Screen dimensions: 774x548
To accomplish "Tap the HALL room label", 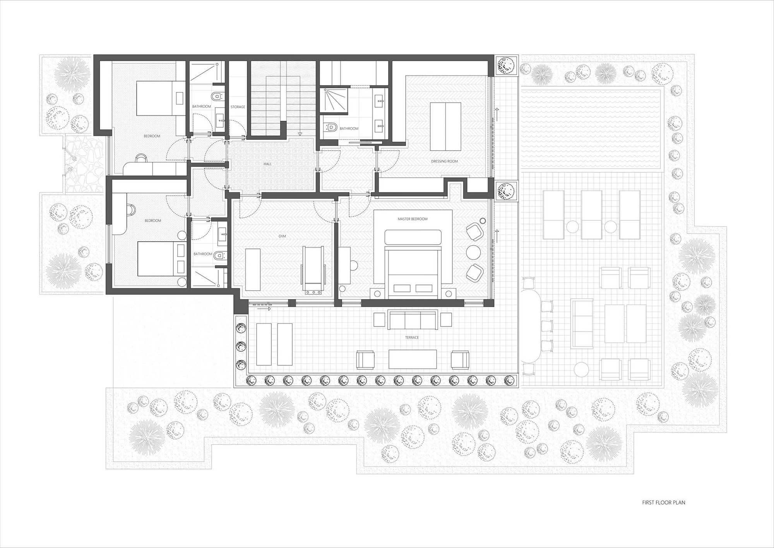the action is click(267, 164).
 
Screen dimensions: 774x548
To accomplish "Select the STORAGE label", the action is click(238, 107).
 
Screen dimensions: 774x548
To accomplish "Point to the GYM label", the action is click(282, 236).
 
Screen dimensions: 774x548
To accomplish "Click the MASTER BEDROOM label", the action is click(413, 219).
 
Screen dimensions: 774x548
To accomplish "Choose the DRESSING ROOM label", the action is click(444, 161).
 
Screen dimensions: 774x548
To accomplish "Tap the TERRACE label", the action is click(412, 338).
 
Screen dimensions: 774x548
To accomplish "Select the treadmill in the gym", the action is click(314, 270).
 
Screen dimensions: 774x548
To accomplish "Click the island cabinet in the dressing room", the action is click(445, 127).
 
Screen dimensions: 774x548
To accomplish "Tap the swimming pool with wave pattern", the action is click(591, 129).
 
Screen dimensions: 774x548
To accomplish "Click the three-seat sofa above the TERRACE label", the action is click(413, 320).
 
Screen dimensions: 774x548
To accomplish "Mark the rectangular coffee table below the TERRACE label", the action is click(413, 359).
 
